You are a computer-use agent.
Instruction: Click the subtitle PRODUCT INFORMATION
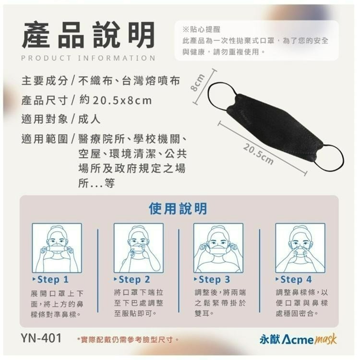88,58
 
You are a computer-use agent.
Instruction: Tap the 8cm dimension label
198,85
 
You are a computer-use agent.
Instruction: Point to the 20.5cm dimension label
258,152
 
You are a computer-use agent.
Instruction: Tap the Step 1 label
52,279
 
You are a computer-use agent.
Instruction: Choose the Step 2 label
134,279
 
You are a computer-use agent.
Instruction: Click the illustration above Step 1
57,248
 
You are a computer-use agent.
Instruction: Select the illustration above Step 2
138,248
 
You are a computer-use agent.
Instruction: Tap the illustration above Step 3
218,248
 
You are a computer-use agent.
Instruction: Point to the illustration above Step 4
300,248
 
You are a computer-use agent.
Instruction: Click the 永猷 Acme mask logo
298,339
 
